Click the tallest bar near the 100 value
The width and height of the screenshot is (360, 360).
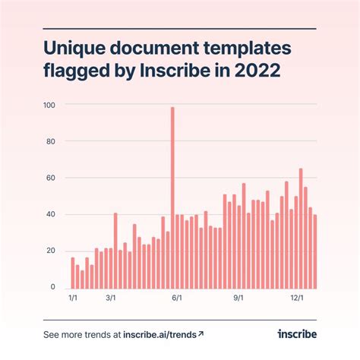tap(172, 197)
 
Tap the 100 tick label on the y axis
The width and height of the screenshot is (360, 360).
tap(49, 104)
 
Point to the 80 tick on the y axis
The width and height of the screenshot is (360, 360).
tap(51, 141)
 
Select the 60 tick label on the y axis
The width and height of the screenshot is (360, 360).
tap(51, 178)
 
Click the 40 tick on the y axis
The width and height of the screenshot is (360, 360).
tap(51, 214)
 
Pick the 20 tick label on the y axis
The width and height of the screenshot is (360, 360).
tap(51, 251)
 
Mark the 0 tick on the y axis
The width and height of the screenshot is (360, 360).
tap(53, 287)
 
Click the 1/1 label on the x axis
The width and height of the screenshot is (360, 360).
tap(73, 298)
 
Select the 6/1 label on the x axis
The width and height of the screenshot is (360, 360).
tap(177, 298)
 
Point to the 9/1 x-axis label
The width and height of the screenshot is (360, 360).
tap(238, 298)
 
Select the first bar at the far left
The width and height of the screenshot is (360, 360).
tap(73, 273)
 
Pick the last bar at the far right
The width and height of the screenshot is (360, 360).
tap(315, 251)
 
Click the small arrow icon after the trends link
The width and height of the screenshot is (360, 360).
tap(201, 333)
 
